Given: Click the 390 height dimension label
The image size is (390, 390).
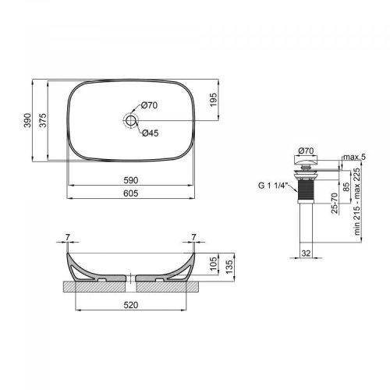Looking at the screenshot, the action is [x=27, y=120].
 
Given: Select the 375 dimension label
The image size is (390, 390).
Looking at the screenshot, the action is [x=43, y=120].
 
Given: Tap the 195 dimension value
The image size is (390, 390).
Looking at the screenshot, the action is [x=213, y=100].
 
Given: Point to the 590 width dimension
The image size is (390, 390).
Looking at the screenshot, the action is [x=131, y=180].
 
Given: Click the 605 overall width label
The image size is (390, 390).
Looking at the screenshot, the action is [x=131, y=193].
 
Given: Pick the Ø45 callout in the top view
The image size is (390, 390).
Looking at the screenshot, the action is [x=151, y=133].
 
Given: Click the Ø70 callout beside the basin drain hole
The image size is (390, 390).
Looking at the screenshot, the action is [x=149, y=105].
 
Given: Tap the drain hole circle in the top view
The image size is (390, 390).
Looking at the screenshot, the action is [x=130, y=120].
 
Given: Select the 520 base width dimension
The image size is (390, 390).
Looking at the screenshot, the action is [x=131, y=305].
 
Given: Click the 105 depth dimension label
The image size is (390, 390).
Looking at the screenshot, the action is [x=213, y=264].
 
